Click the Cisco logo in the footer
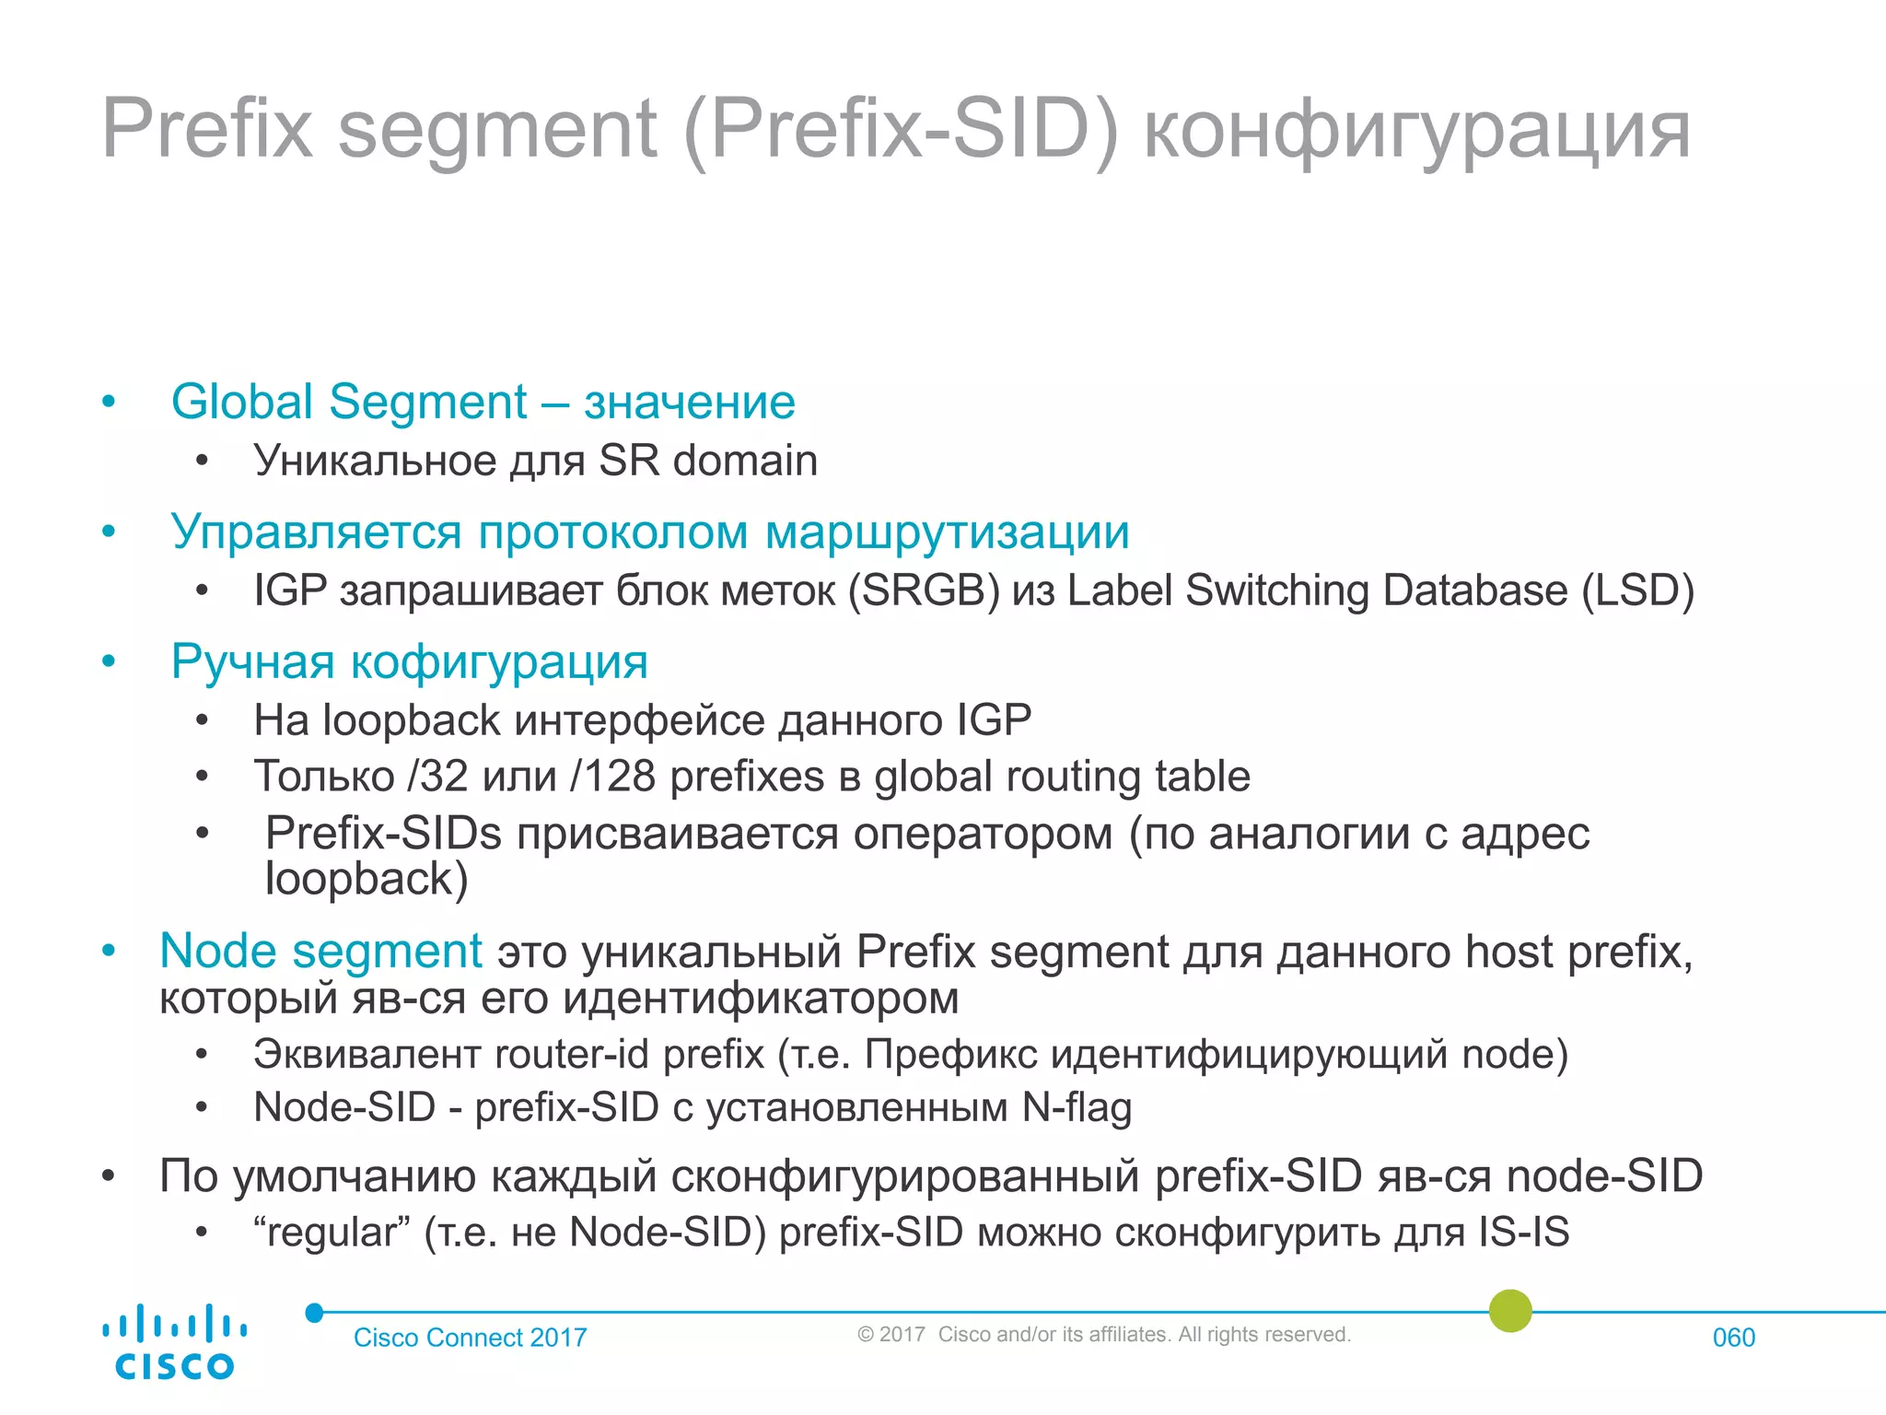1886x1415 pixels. click(174, 1341)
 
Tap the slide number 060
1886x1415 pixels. click(1733, 1338)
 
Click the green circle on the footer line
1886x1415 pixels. click(1510, 1311)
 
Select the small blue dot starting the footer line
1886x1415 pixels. click(315, 1313)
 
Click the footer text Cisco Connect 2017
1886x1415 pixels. click(470, 1338)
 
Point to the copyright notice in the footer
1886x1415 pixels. click(1103, 1335)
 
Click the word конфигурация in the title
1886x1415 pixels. click(1416, 131)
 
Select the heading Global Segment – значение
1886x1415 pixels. click(483, 403)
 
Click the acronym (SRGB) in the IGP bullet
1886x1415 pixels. click(924, 591)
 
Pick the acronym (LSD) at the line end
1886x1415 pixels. click(1637, 591)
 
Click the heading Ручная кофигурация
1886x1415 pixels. click(409, 661)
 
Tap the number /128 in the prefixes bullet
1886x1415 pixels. click(612, 777)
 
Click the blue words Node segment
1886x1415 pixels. click(320, 951)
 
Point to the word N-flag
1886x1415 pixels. click(1077, 1107)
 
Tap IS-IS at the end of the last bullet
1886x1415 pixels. click(1524, 1233)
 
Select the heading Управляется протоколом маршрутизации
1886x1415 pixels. click(649, 532)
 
